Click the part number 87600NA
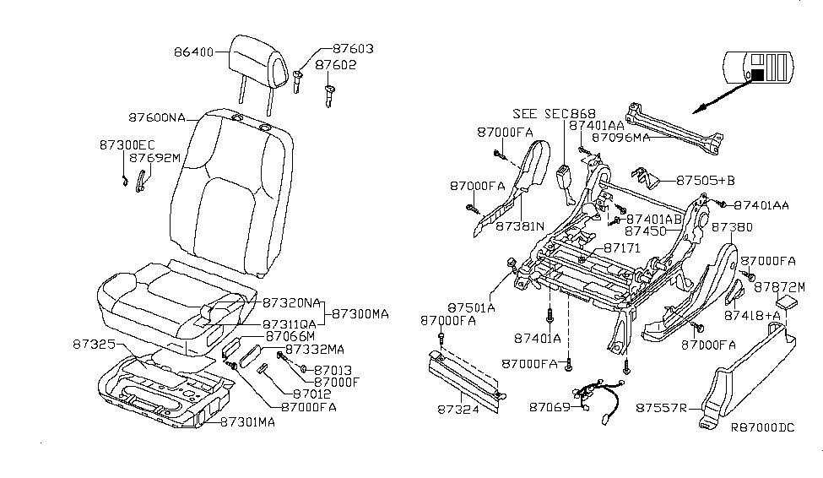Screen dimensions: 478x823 coord(158,118)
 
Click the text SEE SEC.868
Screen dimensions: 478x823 coord(554,114)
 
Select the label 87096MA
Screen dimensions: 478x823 coord(620,136)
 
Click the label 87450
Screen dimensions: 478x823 coord(645,230)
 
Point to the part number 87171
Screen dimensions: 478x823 coord(624,248)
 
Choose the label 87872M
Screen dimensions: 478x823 coord(776,286)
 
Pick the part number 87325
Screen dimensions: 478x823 coord(93,345)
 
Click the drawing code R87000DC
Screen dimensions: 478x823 coord(763,428)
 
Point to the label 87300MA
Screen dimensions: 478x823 coord(360,313)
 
